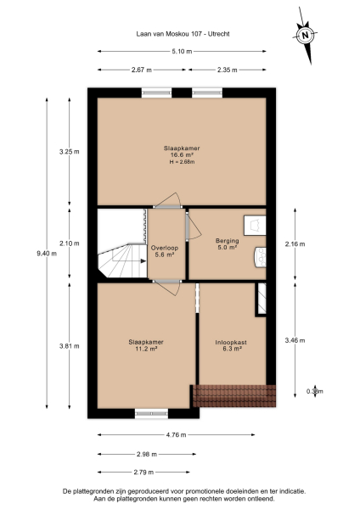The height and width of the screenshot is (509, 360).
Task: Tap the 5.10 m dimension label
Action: (x=181, y=52)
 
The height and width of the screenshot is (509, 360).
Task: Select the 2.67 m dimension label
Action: (x=140, y=70)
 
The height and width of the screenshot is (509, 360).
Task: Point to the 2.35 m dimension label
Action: (x=227, y=70)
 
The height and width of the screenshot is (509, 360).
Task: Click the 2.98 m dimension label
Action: (x=140, y=453)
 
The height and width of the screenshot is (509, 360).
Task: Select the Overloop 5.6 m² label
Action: (x=163, y=251)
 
